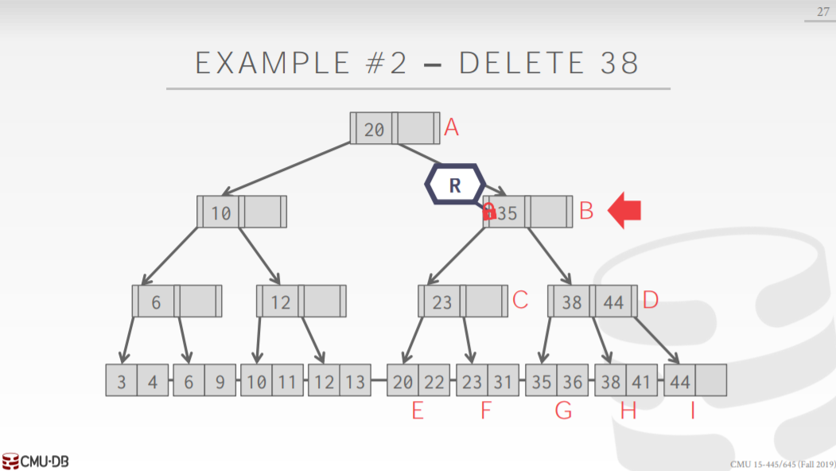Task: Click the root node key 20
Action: [375, 129]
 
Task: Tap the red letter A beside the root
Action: [451, 127]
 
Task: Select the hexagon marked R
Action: [454, 185]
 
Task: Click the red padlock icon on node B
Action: [490, 211]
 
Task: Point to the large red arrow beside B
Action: [624, 212]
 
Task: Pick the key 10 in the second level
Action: [221, 212]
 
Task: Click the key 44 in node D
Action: [613, 302]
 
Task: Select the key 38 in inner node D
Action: [572, 302]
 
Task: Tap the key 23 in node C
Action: [442, 302]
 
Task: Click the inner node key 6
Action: [156, 302]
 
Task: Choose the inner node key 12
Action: [280, 302]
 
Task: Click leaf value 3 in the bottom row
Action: [121, 382]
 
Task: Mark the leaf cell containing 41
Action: [641, 382]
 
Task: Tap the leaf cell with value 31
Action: [503, 382]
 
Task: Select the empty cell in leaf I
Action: [711, 382]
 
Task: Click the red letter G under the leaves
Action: [562, 412]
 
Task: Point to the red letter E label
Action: [416, 412]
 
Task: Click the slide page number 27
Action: [822, 11]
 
